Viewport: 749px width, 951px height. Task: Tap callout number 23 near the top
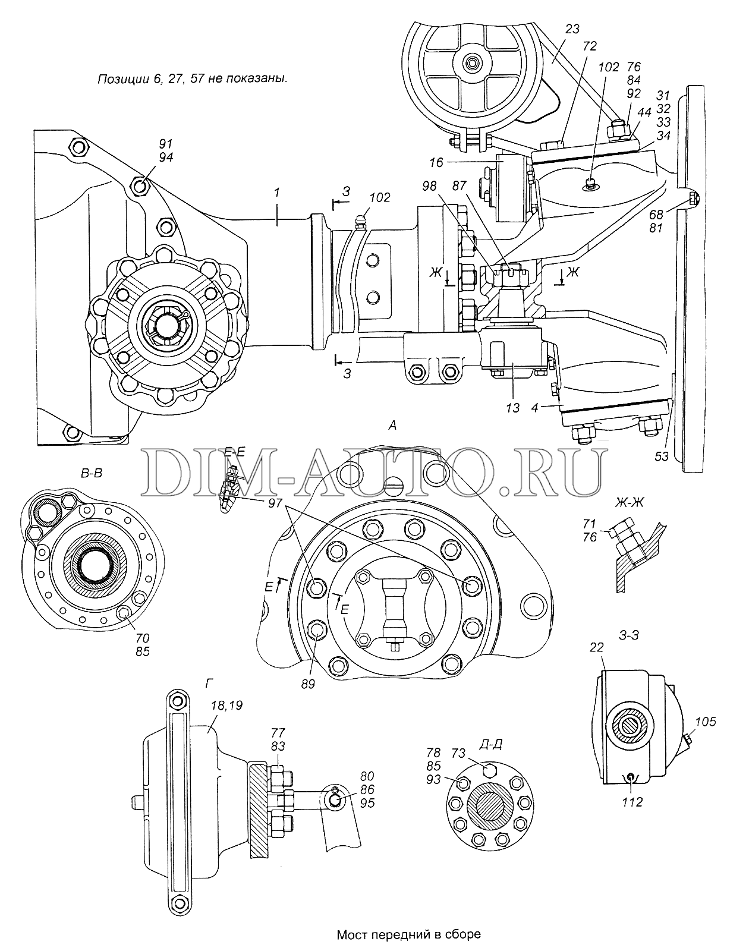click(572, 29)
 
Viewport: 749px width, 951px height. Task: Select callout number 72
click(590, 46)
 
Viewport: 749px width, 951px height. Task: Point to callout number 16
click(436, 163)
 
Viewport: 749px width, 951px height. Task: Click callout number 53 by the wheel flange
click(662, 456)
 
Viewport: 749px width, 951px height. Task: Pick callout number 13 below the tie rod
click(513, 408)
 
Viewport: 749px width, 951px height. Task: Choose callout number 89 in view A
click(308, 683)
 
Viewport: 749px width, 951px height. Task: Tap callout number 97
click(275, 503)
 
